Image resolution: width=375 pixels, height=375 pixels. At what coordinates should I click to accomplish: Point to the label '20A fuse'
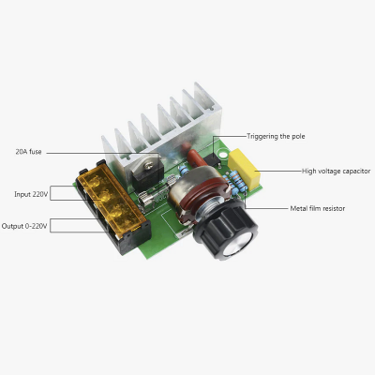point(29,152)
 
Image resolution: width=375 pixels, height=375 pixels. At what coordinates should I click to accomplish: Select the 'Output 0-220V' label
point(25,226)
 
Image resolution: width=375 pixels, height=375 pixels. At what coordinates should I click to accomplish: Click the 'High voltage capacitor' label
point(336,172)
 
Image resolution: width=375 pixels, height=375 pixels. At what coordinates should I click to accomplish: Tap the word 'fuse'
point(37,152)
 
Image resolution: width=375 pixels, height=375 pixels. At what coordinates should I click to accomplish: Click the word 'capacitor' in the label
point(354,172)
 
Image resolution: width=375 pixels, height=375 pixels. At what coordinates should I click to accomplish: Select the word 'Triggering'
point(262,136)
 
